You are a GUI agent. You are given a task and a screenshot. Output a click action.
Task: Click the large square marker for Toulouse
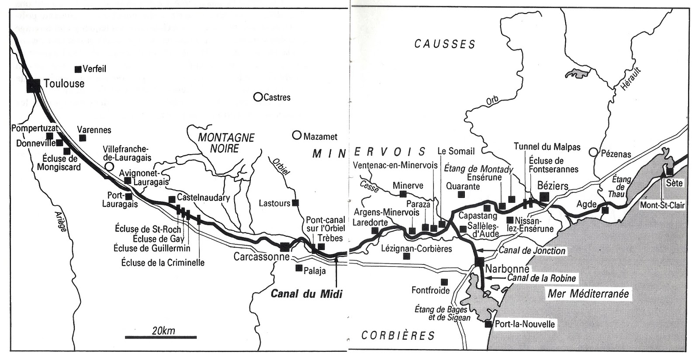coord(33,85)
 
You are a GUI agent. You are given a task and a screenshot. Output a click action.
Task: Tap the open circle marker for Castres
coord(258,97)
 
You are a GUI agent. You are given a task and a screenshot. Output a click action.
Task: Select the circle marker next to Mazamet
coord(297,135)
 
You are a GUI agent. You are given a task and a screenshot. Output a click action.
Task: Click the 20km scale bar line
coord(161,337)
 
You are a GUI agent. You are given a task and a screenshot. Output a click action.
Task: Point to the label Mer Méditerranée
coord(588,294)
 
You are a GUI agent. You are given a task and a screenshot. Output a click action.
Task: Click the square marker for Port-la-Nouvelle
coord(488,324)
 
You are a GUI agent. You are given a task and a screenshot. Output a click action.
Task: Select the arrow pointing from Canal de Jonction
coord(482,251)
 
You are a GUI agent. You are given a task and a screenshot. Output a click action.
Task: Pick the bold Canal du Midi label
coord(306,294)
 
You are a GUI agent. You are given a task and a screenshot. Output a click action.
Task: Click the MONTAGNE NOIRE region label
coord(226,143)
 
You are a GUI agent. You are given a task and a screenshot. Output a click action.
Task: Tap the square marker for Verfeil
coord(78,69)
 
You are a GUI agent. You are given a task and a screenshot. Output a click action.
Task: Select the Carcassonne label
coord(261,256)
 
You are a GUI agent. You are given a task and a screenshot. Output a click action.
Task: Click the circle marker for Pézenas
coord(593,152)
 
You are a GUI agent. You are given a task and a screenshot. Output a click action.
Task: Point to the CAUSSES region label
coord(445,44)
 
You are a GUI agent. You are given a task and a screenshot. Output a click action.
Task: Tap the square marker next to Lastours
coord(296,203)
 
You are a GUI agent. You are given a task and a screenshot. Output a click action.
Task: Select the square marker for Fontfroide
coord(444,282)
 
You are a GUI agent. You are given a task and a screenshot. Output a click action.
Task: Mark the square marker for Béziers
coord(544,197)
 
